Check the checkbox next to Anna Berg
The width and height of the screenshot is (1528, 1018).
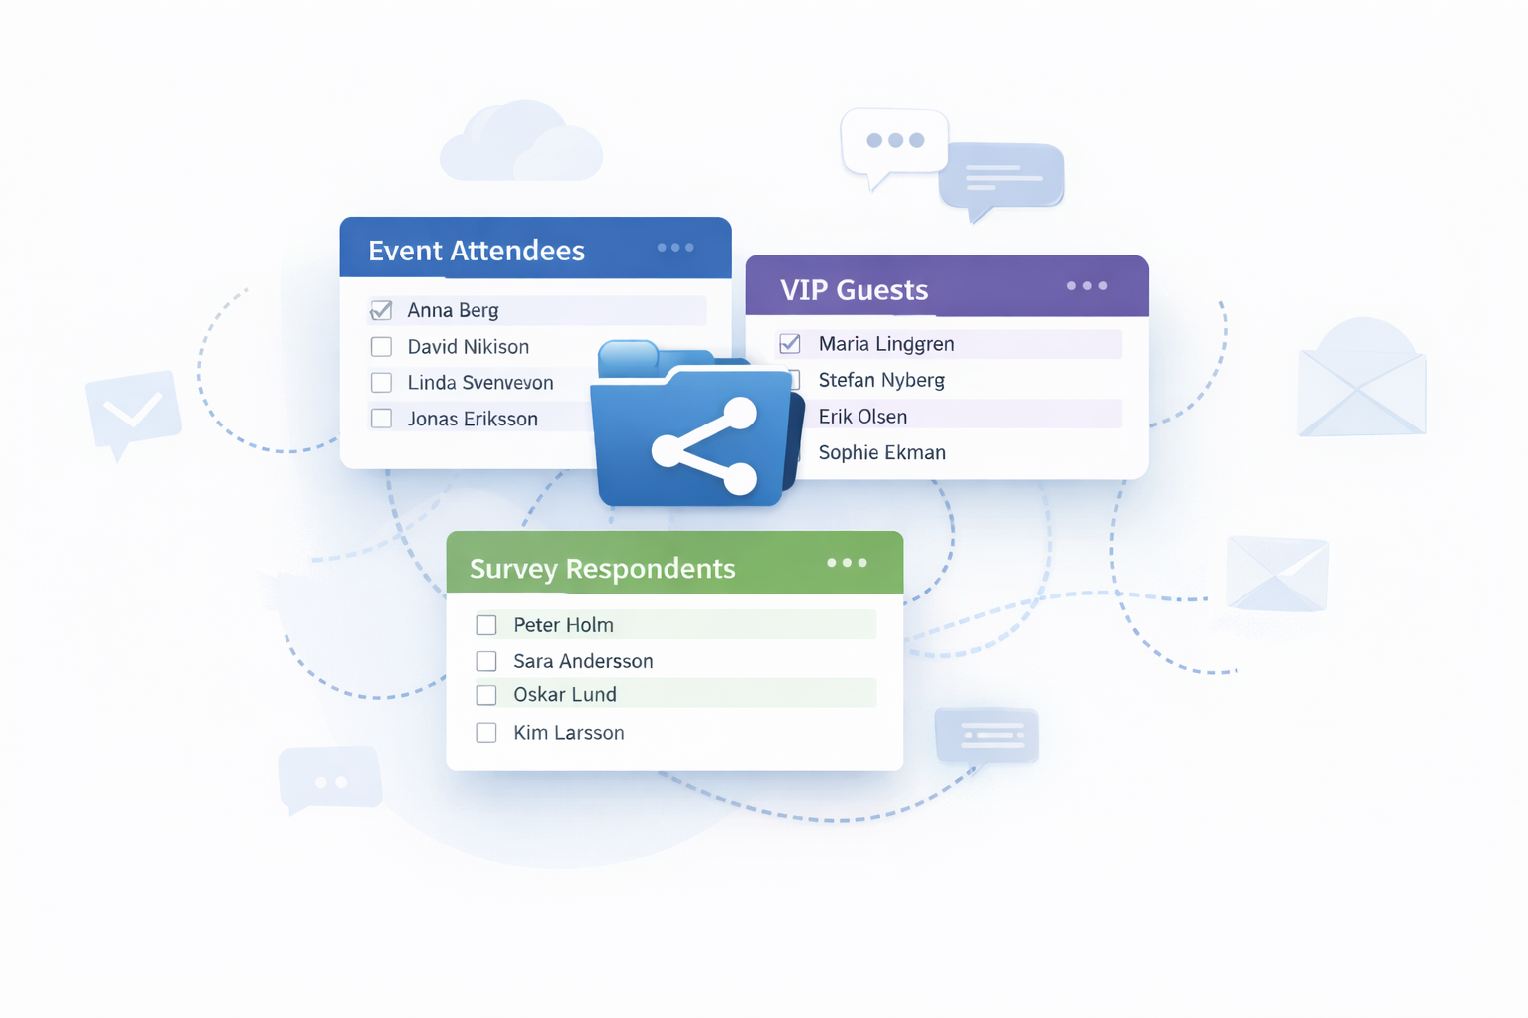[381, 310]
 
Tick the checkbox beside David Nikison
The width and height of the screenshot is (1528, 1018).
[381, 347]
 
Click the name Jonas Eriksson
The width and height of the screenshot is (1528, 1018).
[473, 419]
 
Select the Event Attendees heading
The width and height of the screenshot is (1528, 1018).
[477, 251]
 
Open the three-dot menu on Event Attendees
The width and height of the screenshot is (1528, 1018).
[675, 248]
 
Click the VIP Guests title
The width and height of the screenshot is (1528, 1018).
[854, 290]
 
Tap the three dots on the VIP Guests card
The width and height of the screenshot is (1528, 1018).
[1086, 286]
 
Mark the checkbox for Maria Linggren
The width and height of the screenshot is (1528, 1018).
[790, 344]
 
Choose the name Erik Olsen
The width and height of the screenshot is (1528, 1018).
[862, 417]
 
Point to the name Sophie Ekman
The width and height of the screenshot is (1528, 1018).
[881, 453]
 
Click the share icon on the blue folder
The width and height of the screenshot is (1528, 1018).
[704, 446]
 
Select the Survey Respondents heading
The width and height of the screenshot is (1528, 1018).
[602, 569]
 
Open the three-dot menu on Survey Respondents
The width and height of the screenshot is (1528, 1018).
[847, 563]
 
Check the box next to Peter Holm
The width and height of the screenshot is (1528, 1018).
[486, 625]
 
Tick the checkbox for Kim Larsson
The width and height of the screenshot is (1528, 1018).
[486, 733]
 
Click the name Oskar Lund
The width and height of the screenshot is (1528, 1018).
[565, 695]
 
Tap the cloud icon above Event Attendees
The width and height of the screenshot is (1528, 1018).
[520, 144]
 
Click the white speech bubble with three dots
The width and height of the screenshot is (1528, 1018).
[894, 142]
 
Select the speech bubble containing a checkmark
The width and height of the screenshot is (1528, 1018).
[133, 410]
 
